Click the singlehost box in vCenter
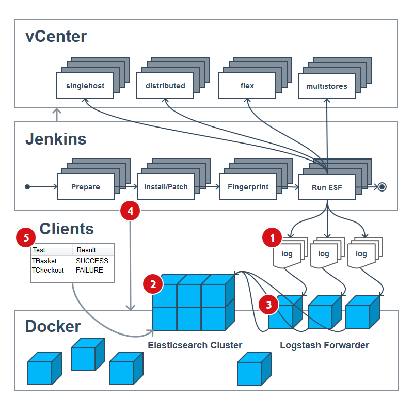85,86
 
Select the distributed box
165,86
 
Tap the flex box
247,86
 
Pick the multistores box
327,86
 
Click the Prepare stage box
86,187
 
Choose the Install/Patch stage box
166,187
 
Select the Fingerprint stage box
248,187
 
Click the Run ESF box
327,187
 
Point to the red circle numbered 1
272,237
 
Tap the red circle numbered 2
153,284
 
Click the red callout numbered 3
268,305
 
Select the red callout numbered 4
130,211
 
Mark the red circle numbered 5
26,237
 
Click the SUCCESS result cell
92,261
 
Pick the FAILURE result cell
89,270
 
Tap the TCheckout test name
47,270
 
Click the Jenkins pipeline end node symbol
382,187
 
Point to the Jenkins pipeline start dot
27,187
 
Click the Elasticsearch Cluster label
195,345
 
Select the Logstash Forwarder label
324,345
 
